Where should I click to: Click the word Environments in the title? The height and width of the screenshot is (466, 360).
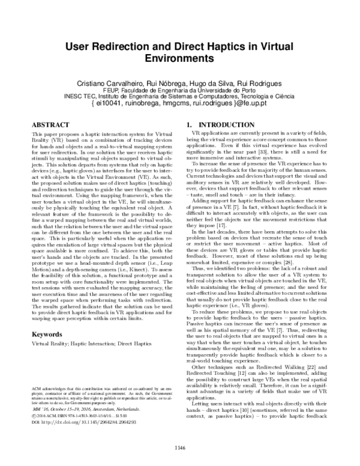pos(179,60)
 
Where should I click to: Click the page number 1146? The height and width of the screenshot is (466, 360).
pos(179,447)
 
